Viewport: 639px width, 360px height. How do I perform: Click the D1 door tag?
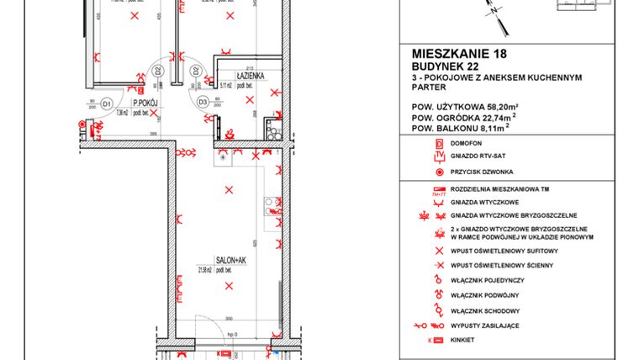coord(107,103)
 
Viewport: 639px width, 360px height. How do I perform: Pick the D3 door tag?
coord(203,103)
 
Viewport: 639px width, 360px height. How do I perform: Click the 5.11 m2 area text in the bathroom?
coord(226,85)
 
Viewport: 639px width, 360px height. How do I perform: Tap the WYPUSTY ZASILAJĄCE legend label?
coord(497,325)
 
